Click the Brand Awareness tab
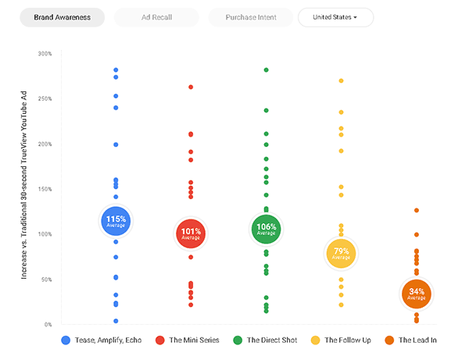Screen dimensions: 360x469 tap(62, 17)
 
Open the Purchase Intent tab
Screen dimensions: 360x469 tap(250, 17)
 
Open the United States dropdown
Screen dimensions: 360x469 tap(335, 17)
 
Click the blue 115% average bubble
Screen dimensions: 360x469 tap(116, 221)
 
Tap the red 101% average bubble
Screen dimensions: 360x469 tap(192, 233)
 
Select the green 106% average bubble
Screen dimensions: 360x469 tap(267, 229)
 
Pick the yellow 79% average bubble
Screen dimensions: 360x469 tap(341, 253)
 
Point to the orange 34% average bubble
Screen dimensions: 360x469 tap(417, 294)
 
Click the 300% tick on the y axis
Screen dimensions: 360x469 tap(45, 54)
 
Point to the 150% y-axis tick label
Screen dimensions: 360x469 tap(45, 189)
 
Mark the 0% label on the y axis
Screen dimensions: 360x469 tap(47, 324)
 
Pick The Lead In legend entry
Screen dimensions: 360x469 tap(414, 340)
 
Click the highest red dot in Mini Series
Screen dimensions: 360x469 tap(191, 87)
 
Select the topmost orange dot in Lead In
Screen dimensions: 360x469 tap(417, 210)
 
